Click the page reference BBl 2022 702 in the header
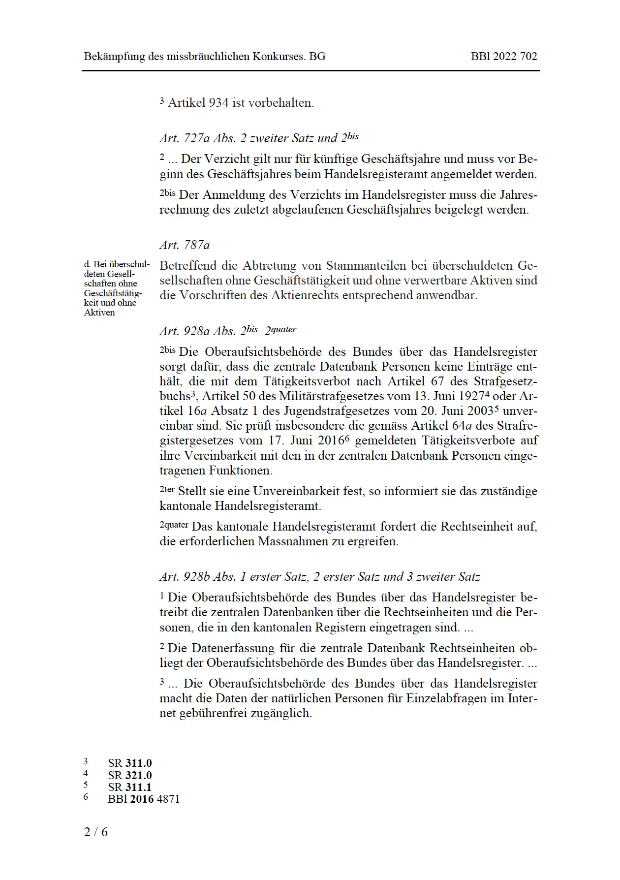[x=503, y=56]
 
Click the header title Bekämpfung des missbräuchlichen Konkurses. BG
[x=204, y=56]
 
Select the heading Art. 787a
[x=185, y=245]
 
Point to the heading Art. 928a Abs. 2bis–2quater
[x=228, y=331]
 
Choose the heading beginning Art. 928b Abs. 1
[x=319, y=576]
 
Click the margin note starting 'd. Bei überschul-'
[x=116, y=288]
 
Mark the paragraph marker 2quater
[x=174, y=525]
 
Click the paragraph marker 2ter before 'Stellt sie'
[x=167, y=490]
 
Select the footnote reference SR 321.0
[x=130, y=775]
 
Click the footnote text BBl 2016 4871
[x=144, y=799]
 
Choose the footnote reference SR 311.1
[x=130, y=787]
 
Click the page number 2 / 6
[x=96, y=832]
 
